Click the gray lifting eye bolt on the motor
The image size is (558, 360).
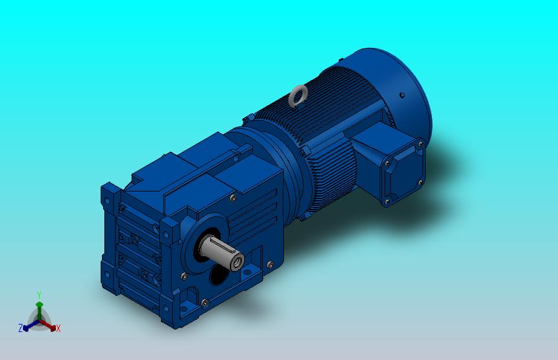tap(298, 96)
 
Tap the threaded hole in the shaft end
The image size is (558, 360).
tap(237, 264)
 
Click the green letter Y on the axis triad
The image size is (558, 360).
tap(39, 295)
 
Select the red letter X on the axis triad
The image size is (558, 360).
tap(58, 328)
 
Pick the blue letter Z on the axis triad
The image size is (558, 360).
tap(21, 328)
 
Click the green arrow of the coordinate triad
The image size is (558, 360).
tap(39, 310)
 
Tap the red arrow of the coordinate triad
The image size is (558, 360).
tap(48, 325)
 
